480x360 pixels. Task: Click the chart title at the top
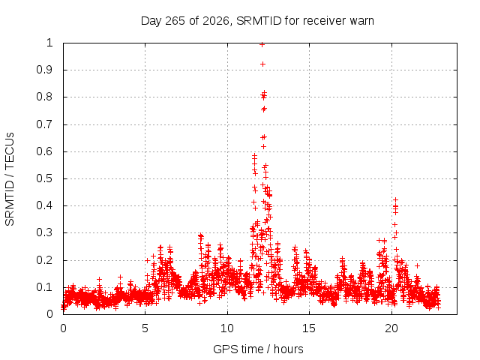click(257, 21)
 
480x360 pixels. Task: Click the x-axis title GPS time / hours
click(258, 349)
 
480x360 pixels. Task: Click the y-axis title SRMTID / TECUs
click(10, 179)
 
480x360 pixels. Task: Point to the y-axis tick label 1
click(49, 43)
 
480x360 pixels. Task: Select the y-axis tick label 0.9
click(45, 70)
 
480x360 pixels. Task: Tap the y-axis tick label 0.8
click(45, 97)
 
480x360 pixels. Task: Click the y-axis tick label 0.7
click(45, 124)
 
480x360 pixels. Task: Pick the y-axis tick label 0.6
click(45, 151)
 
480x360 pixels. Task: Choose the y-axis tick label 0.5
click(45, 178)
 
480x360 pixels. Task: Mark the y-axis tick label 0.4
click(45, 205)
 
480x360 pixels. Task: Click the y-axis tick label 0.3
click(45, 232)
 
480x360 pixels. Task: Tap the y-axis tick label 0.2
click(45, 260)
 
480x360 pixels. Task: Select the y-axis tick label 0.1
click(45, 287)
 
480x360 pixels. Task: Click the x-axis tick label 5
click(145, 328)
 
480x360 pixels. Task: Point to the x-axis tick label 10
click(227, 328)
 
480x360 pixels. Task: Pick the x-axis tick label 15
click(309, 328)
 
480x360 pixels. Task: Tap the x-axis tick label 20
click(391, 328)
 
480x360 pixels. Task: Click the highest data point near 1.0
click(262, 45)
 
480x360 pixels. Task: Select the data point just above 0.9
click(262, 64)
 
